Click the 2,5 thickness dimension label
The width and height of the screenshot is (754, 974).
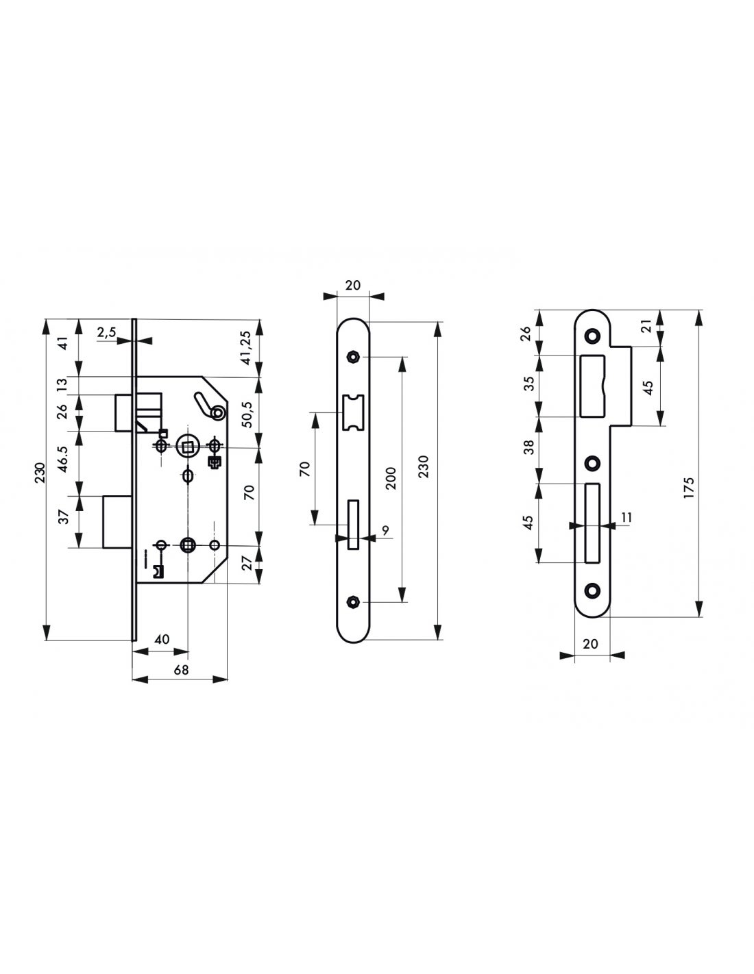[x=106, y=332]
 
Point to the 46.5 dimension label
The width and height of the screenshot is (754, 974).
[x=62, y=458]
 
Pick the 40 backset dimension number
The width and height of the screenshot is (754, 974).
[x=162, y=639]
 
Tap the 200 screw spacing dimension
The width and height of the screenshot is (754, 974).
[x=391, y=478]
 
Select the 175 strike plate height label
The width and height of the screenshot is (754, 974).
[x=689, y=488]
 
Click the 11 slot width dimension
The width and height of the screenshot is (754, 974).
[x=627, y=518]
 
